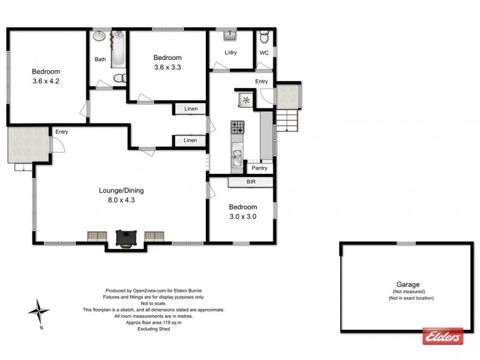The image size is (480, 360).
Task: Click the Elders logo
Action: (443, 335)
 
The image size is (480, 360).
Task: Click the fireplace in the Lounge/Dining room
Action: (126, 238)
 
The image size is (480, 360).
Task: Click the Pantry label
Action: (259, 168)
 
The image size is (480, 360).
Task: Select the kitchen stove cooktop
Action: (238, 127)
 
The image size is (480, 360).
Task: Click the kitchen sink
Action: (238, 158)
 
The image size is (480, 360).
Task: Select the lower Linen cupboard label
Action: (190, 140)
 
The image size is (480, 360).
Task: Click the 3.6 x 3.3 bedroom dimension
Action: (167, 67)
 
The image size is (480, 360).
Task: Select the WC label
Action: (263, 53)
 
